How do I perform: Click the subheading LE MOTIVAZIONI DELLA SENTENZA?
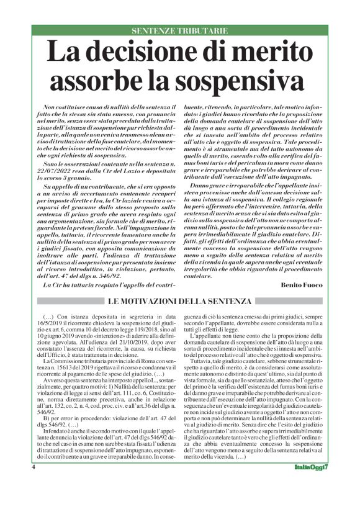click(x=180, y=302)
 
